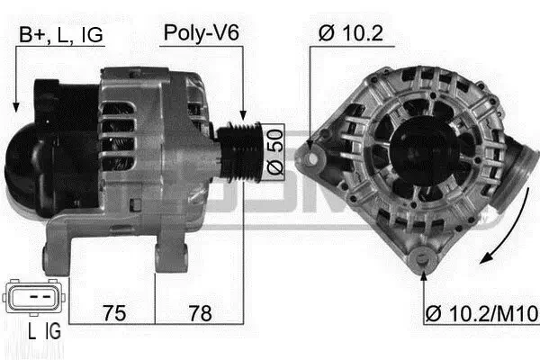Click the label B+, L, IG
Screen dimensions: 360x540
click(60, 34)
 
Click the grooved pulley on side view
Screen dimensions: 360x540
click(241, 146)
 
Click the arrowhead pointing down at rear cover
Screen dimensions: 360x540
click(15, 106)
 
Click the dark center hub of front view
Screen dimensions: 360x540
click(422, 148)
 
